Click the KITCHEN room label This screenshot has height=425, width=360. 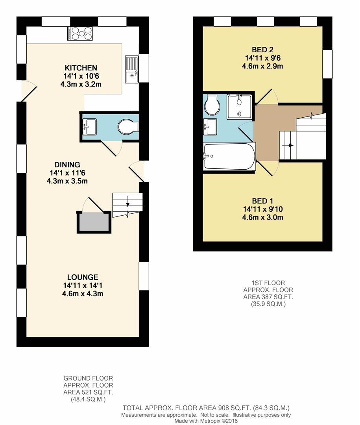(x=81, y=68)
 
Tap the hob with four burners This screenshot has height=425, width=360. (x=80, y=33)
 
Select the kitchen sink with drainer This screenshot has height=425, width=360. (x=132, y=69)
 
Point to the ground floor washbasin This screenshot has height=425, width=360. (x=89, y=127)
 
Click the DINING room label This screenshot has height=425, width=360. (x=67, y=165)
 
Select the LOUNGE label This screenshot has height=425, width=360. (x=83, y=277)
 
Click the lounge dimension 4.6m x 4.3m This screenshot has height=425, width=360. (x=83, y=294)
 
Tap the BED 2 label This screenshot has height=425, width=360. (x=262, y=50)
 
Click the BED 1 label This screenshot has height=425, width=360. (x=262, y=201)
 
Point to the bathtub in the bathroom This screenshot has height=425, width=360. (x=229, y=156)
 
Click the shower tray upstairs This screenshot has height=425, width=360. (x=239, y=107)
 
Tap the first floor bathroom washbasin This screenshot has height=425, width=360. (x=210, y=127)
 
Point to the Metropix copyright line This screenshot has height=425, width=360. (x=206, y=421)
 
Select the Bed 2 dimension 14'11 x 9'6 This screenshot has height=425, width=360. (x=262, y=58)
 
